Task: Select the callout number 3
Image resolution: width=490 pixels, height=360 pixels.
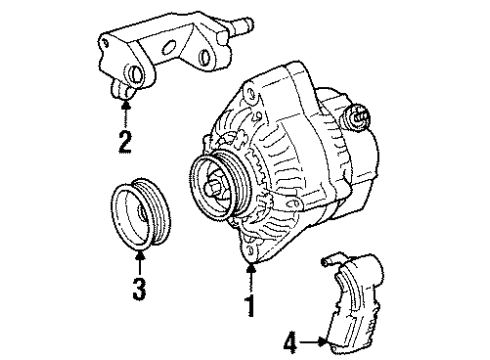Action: pos(139,291)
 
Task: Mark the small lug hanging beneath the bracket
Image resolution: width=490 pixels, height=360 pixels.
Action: pos(124,94)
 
